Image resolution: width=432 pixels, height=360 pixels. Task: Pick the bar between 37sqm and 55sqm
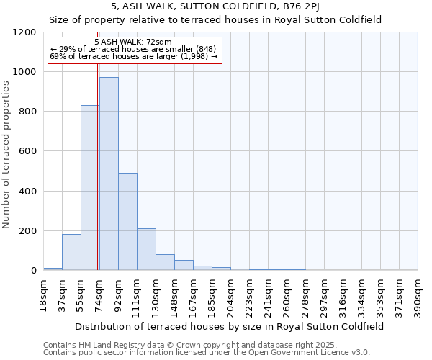click(71, 252)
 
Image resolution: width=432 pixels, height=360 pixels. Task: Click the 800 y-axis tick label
click(28, 112)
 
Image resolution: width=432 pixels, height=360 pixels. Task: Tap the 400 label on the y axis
click(28, 192)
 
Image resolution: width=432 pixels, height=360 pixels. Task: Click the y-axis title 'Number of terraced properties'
click(6, 154)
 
